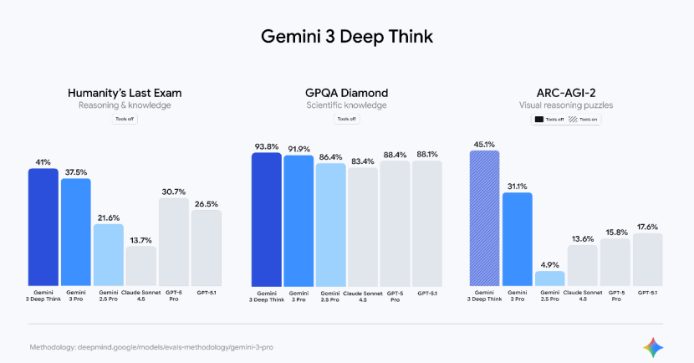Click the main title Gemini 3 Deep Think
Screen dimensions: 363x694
tap(347, 38)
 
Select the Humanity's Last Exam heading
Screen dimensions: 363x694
tap(125, 93)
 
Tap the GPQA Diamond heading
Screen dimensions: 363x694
tap(347, 93)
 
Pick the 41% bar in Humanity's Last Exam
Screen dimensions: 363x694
tap(43, 226)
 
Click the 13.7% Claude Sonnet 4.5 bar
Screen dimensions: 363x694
tap(140, 265)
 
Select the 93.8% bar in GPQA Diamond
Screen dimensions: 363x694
tap(267, 217)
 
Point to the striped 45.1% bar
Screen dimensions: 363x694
tap(484, 217)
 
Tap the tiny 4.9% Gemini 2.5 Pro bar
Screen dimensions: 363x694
tap(549, 278)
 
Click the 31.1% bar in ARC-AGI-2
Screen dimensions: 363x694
tap(517, 238)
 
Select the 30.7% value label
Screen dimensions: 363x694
tap(173, 192)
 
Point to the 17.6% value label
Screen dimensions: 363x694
tap(647, 226)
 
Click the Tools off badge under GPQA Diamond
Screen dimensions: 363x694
tap(346, 120)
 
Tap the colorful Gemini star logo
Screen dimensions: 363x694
tap(653, 345)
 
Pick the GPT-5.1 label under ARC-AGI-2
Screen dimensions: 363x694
tap(647, 292)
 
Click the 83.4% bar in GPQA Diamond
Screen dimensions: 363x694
tap(363, 226)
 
